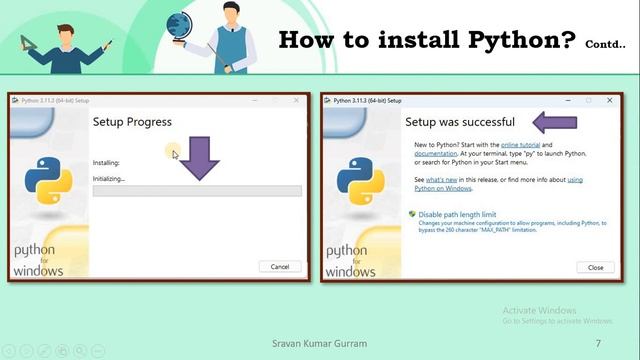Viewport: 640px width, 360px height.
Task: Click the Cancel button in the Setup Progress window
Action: tap(280, 266)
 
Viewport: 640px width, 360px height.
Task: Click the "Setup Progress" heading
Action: tap(132, 122)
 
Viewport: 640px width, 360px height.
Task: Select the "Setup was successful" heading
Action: tap(459, 122)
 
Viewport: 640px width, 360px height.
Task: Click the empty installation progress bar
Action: tap(197, 191)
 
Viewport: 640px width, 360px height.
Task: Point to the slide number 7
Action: tap(598, 343)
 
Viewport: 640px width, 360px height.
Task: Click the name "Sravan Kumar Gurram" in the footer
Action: tap(319, 343)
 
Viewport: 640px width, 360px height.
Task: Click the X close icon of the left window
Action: tap(297, 101)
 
